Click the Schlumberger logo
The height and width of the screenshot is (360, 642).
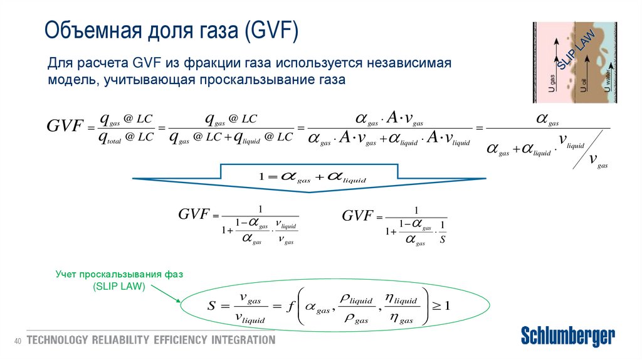click(568, 336)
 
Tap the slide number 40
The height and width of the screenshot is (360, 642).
click(18, 341)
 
